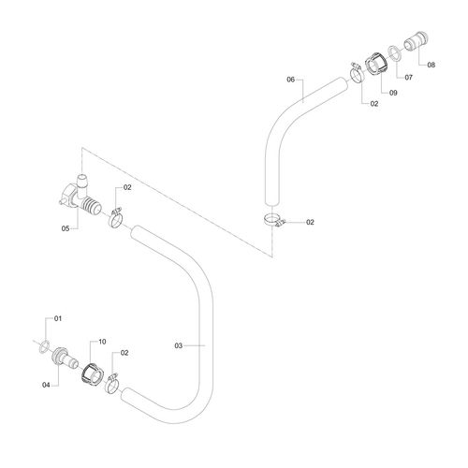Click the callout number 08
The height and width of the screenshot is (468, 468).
[431, 65]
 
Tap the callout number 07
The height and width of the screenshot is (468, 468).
[408, 78]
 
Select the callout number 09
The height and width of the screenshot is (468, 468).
[393, 93]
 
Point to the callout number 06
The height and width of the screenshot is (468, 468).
[290, 80]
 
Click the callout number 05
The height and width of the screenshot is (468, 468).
[66, 228]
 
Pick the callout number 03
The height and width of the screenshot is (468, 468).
[178, 345]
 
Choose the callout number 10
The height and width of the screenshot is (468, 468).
[102, 342]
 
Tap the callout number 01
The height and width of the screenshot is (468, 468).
[58, 318]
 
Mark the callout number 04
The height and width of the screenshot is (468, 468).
[46, 385]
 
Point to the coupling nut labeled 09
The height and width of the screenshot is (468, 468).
[376, 64]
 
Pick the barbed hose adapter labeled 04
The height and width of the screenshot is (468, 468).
[64, 358]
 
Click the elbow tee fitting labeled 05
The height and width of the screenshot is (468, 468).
[80, 196]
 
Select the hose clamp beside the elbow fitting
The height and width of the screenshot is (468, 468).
[115, 218]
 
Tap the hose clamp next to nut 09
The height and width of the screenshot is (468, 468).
[356, 72]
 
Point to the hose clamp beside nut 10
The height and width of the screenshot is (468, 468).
[112, 384]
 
